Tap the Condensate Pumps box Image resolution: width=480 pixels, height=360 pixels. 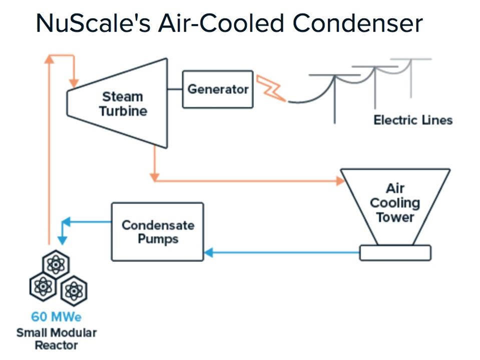point(157,231)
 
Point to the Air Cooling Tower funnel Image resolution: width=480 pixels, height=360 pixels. point(395,204)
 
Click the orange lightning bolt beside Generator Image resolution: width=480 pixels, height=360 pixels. point(270,88)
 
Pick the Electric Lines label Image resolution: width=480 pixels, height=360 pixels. point(412,120)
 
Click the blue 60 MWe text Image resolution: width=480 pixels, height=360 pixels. point(56,316)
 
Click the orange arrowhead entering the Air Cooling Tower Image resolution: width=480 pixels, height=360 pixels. point(339,180)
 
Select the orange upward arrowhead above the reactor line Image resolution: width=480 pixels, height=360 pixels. point(49,58)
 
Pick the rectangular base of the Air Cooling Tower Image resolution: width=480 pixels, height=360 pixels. point(395,252)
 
